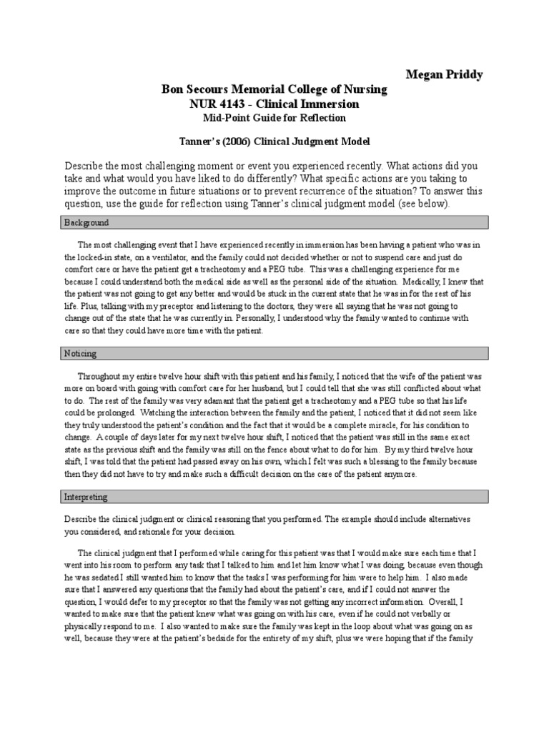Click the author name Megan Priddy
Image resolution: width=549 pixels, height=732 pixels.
(443, 74)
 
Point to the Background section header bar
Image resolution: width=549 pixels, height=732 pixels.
(274, 223)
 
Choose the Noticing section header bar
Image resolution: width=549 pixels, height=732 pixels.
(274, 353)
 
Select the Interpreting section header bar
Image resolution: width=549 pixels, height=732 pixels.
(274, 496)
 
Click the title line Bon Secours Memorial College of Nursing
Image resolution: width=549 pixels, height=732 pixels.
(274, 89)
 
